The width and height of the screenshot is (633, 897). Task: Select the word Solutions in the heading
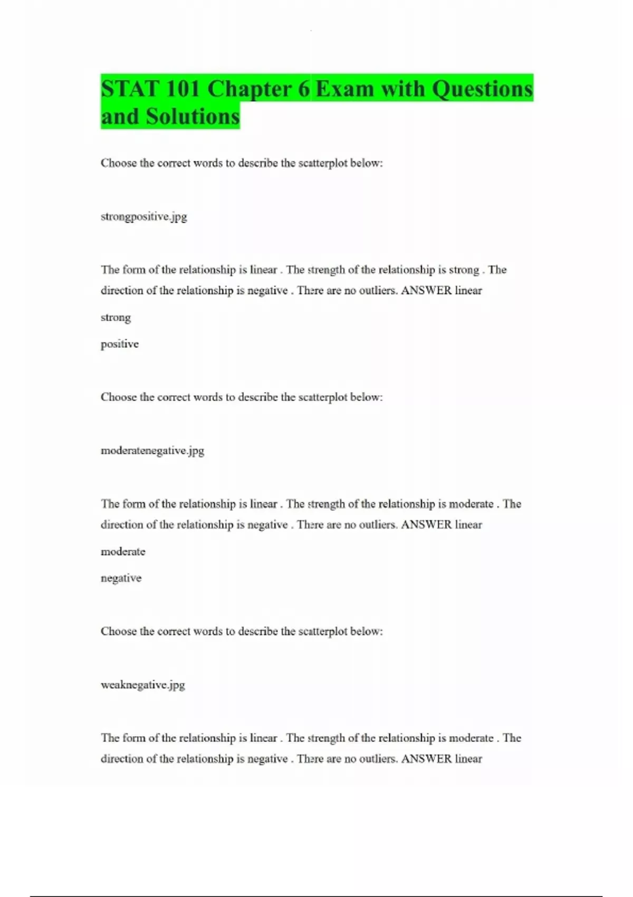(193, 117)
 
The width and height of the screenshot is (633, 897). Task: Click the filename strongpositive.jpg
(143, 216)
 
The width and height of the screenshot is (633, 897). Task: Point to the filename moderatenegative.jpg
(152, 451)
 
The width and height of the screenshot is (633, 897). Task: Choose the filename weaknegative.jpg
(142, 685)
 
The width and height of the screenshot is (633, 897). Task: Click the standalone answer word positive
(120, 344)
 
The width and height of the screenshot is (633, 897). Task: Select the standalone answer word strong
(116, 318)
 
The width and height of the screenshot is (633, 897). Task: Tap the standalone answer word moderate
(123, 551)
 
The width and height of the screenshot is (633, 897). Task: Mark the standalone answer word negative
(121, 578)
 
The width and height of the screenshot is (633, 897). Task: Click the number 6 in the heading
(304, 89)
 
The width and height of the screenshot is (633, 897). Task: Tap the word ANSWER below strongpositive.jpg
(426, 290)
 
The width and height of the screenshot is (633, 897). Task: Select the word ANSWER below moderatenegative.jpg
(426, 524)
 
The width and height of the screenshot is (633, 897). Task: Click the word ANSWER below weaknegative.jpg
(426, 759)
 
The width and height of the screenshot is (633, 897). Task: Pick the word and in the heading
(120, 117)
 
